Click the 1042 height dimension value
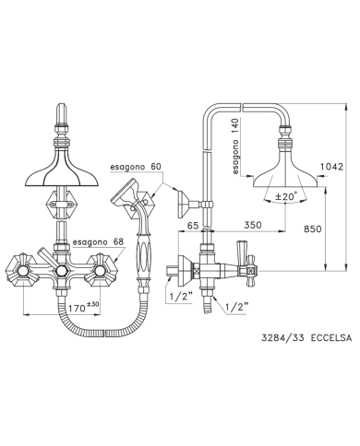[331, 167]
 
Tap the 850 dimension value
[312, 229]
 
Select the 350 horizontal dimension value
[253, 225]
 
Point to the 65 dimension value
[193, 225]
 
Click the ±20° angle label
[286, 195]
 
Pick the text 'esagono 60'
[136, 167]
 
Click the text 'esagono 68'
[98, 242]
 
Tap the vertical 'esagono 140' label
[235, 147]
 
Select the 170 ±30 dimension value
[83, 308]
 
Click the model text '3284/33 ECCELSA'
[306, 338]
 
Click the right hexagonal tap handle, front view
[101, 270]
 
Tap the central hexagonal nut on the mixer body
[61, 271]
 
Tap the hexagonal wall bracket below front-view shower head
[62, 204]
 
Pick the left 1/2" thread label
[181, 297]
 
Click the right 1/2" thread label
[237, 307]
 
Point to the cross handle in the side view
[251, 271]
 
